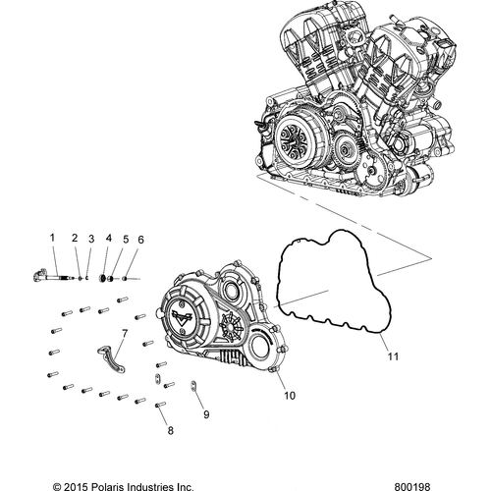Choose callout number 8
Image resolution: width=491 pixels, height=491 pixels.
170,430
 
